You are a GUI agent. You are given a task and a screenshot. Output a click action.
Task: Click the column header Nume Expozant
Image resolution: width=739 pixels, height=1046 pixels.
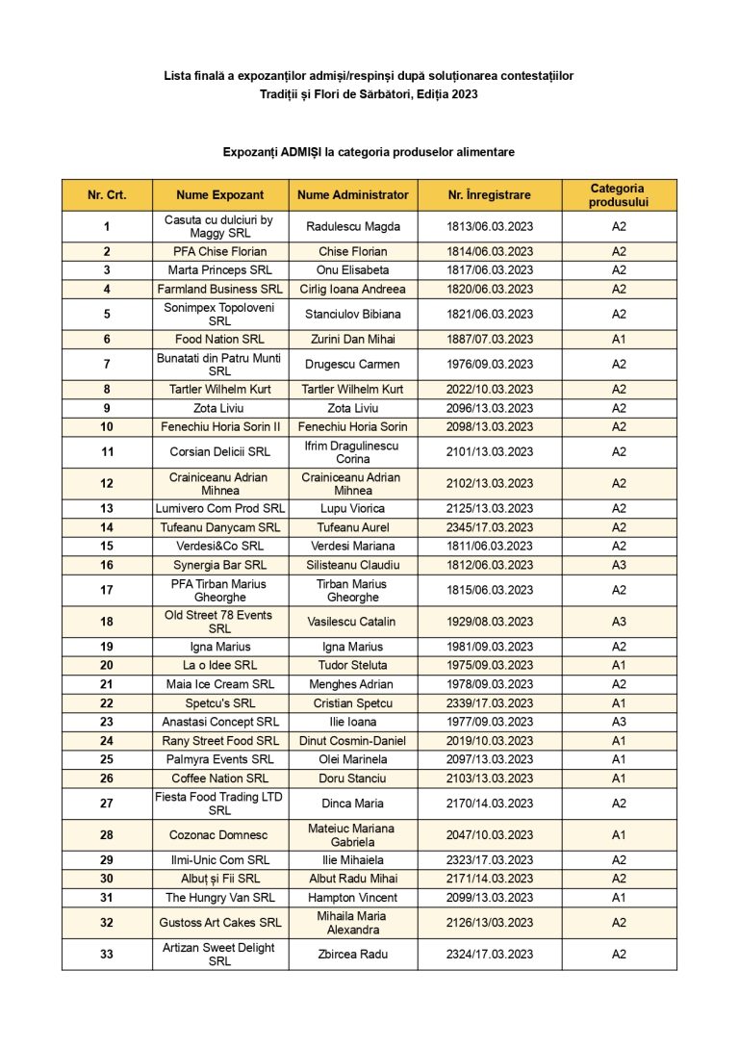tap(220, 195)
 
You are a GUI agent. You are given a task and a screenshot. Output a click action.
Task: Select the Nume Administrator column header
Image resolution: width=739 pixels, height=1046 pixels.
tap(353, 195)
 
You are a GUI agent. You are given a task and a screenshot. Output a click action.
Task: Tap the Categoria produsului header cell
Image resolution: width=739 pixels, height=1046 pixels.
tap(619, 195)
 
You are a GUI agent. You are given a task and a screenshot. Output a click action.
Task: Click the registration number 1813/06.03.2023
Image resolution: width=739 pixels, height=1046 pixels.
tap(489, 227)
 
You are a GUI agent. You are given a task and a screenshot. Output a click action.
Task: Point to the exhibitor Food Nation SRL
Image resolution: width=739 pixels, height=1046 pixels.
tap(220, 340)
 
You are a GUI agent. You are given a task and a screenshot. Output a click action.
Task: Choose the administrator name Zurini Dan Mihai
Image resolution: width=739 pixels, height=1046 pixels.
tap(353, 340)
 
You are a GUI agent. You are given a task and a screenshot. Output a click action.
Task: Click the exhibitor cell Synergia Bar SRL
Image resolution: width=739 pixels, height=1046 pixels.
tap(220, 565)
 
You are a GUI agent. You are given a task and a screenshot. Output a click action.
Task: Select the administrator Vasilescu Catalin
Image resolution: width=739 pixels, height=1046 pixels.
tap(353, 622)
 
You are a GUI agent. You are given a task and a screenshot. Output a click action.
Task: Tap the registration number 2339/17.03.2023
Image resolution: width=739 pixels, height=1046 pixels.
tap(489, 703)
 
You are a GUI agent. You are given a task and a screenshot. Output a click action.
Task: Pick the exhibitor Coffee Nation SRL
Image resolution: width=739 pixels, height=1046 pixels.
tap(220, 778)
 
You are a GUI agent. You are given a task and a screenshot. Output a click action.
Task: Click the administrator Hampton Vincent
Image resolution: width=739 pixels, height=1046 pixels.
tap(353, 898)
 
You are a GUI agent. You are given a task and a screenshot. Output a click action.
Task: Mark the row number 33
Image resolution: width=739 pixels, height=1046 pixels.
tap(107, 955)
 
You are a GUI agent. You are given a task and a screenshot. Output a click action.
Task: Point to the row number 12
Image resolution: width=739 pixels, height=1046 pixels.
tap(107, 484)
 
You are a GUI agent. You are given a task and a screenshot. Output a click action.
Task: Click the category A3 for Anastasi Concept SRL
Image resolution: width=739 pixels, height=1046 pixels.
tap(619, 722)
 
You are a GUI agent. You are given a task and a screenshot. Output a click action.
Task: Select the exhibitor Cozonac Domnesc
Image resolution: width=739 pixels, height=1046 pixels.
tap(220, 835)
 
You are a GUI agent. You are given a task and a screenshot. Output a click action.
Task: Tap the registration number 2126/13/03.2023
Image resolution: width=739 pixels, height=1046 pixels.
tap(489, 923)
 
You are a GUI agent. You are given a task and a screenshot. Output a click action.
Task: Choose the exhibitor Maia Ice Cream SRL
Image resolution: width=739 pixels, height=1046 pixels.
tap(220, 684)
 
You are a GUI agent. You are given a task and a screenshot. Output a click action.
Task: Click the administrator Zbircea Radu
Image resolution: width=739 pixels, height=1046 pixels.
tap(353, 955)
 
